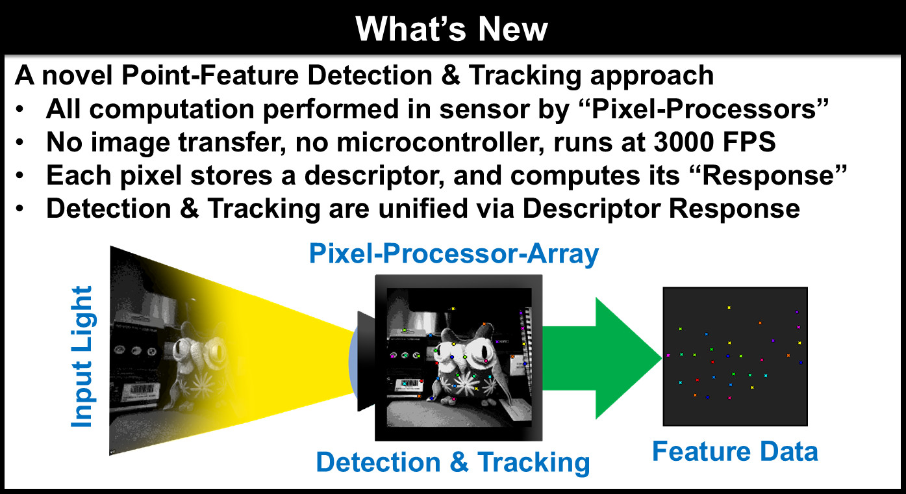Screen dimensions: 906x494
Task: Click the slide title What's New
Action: pos(451,29)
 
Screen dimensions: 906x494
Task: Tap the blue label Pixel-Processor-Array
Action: pos(454,254)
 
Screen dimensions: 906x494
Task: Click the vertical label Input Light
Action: pos(82,356)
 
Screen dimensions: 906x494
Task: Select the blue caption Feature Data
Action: pos(735,451)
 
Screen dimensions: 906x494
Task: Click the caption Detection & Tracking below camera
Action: pos(453,462)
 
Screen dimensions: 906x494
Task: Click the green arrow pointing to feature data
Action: pos(602,358)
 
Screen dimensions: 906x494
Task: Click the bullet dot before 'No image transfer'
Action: pos(20,142)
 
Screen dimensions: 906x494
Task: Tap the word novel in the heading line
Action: pos(77,75)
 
